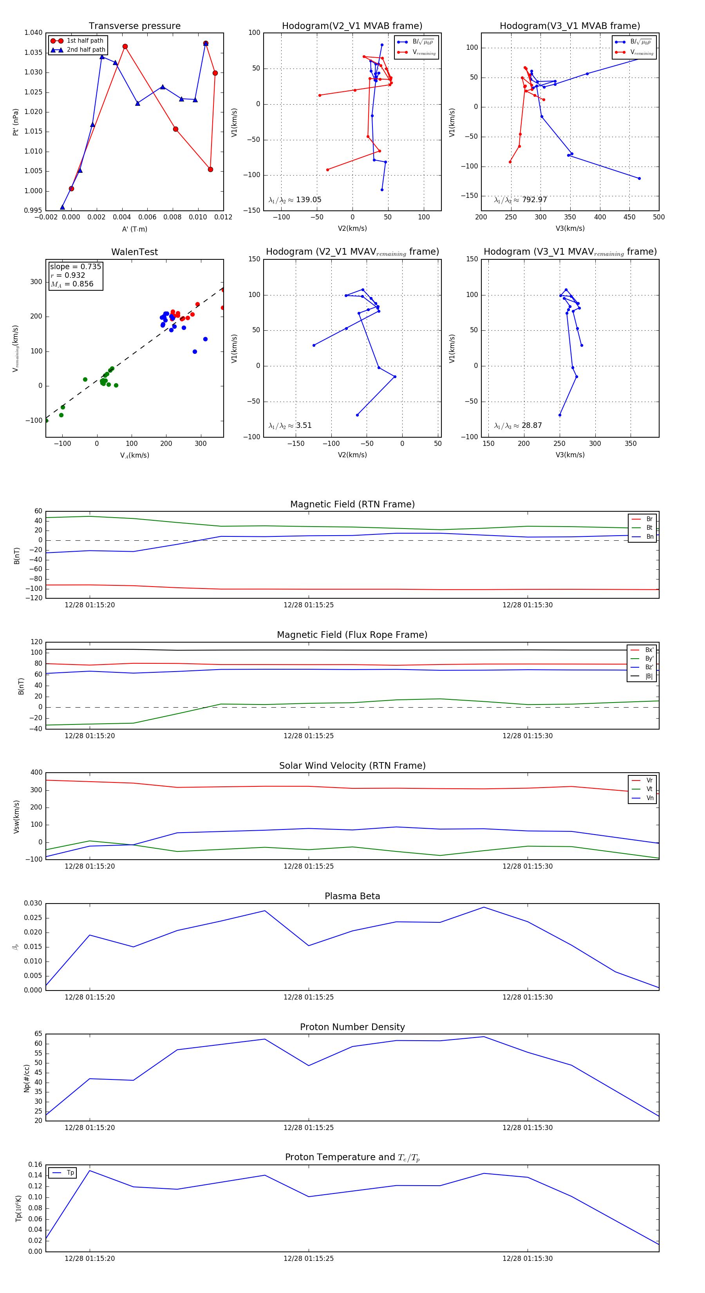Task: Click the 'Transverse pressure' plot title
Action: [x=134, y=26]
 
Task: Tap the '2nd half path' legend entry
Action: [x=86, y=50]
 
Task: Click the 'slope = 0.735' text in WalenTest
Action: [x=75, y=266]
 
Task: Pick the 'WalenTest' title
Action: [x=134, y=252]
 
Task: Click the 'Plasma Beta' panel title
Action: [x=352, y=896]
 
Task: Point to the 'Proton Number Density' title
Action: [x=352, y=1027]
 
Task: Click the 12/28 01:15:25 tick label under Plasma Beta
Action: [x=309, y=997]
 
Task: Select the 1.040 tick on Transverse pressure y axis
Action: [x=34, y=33]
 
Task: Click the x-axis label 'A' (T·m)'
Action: [x=134, y=229]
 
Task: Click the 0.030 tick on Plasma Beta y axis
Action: [x=34, y=904]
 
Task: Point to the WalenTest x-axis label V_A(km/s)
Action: [x=134, y=455]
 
